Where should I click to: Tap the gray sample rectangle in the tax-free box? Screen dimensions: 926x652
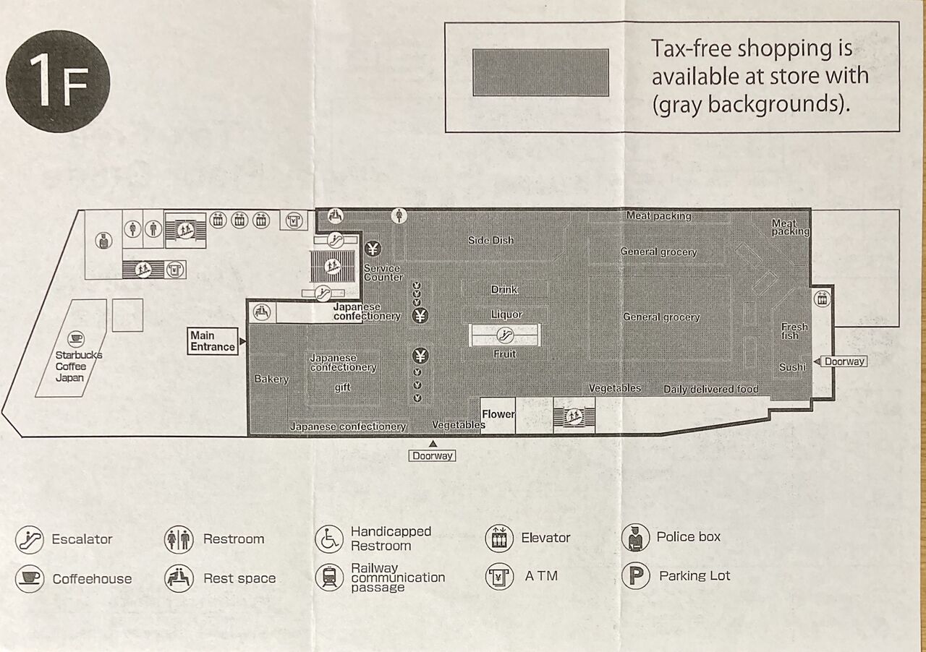[x=540, y=72]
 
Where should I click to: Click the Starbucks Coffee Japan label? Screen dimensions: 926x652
[x=79, y=366]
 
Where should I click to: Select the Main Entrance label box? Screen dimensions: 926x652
[x=213, y=341]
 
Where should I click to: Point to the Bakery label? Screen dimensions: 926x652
[x=271, y=379]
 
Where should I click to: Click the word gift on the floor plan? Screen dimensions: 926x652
[x=342, y=387]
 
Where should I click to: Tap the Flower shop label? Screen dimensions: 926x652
[x=498, y=414]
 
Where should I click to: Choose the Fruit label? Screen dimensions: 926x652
[x=505, y=354]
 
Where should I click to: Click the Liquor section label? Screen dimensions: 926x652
[x=506, y=314]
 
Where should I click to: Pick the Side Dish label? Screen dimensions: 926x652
[x=490, y=240]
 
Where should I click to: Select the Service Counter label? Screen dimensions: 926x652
[x=383, y=273]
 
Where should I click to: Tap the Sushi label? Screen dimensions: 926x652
[x=792, y=367]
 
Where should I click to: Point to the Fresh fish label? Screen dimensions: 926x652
[x=794, y=331]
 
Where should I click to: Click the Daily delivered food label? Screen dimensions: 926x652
[x=711, y=390]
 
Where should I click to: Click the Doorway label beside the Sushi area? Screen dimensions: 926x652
[x=844, y=361]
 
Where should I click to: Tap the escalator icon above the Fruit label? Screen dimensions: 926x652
[x=505, y=335]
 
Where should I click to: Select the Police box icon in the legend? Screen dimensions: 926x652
[x=635, y=537]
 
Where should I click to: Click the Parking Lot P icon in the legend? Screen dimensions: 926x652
[x=635, y=576]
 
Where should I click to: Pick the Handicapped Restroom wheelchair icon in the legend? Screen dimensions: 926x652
[x=329, y=539]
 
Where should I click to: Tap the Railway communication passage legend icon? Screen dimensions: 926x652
[x=329, y=578]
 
